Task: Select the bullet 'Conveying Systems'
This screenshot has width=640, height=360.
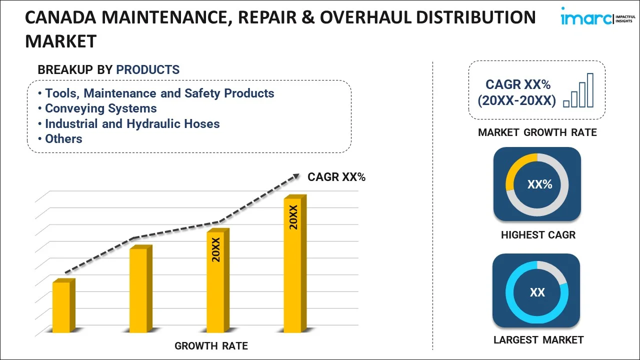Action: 100,108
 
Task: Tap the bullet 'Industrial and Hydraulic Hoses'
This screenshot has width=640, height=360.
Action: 132,123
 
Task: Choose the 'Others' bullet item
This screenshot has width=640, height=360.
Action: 63,138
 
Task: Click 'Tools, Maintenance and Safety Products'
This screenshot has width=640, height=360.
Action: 159,93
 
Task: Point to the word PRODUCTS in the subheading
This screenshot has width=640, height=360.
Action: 147,70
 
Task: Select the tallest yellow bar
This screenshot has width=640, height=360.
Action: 293,265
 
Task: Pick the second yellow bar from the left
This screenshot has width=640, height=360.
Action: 138,290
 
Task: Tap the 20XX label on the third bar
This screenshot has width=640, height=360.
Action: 216,250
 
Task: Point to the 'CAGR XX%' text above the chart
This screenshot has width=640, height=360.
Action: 336,177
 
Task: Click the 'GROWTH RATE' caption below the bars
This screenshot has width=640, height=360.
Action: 211,345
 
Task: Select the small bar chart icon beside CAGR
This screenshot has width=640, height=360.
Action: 578,91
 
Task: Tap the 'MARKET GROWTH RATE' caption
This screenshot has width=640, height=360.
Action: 537,132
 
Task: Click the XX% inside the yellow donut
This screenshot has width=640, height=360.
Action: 539,184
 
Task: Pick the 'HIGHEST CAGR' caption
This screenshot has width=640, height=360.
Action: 538,235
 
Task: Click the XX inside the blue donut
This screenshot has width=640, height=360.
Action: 537,292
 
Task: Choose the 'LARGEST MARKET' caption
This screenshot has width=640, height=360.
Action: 538,340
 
